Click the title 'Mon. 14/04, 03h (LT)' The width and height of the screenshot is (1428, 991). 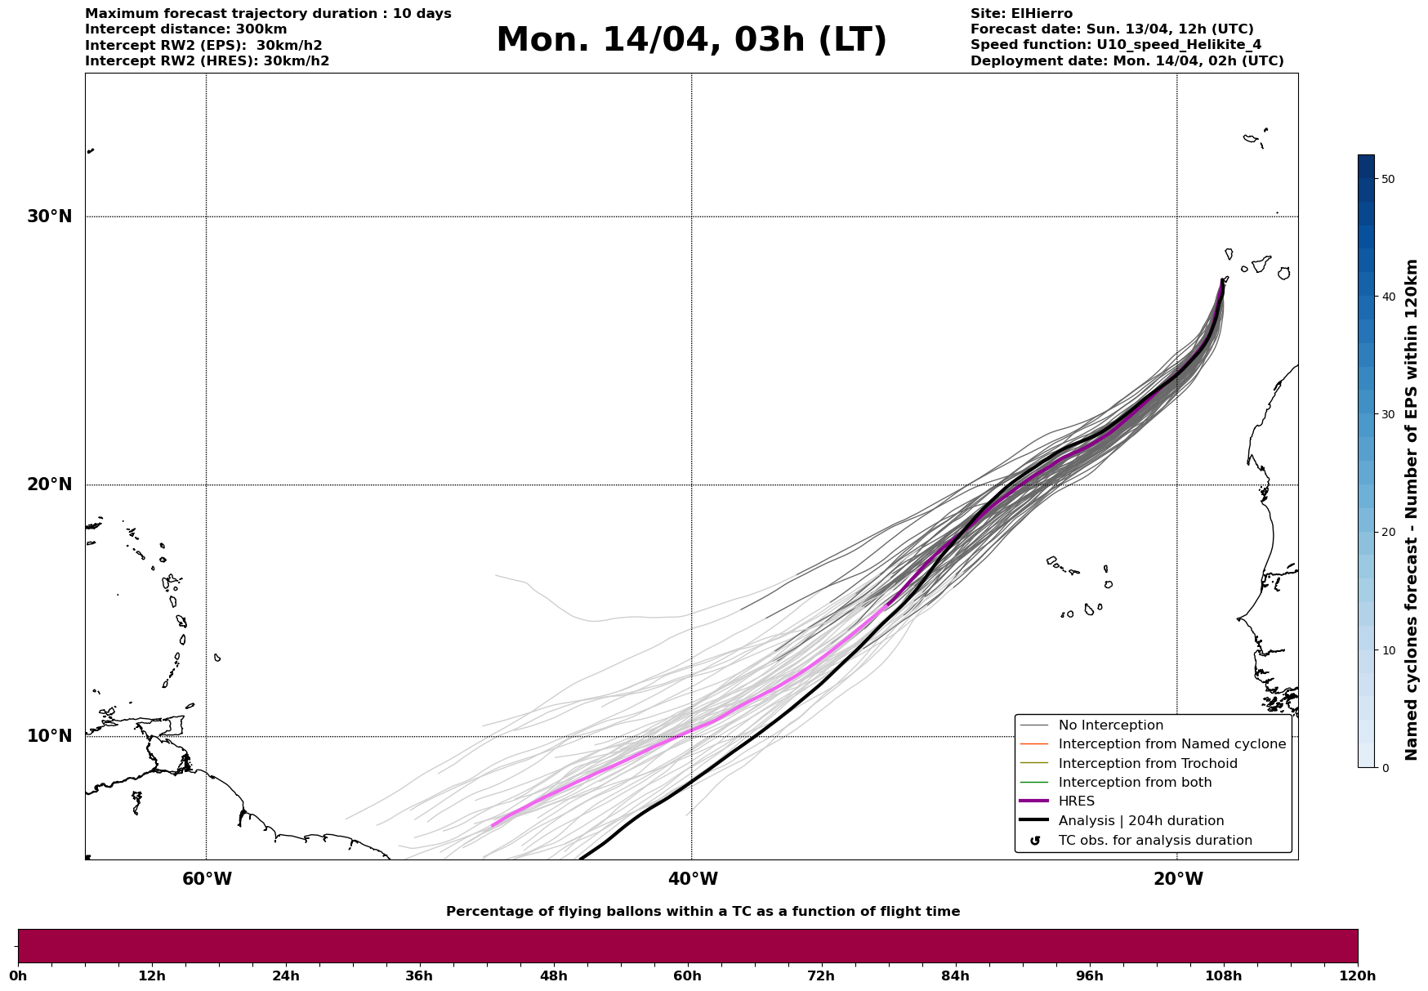[691, 40]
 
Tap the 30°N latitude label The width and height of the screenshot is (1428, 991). [49, 217]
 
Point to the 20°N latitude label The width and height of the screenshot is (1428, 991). [49, 484]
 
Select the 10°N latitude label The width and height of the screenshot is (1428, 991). [49, 736]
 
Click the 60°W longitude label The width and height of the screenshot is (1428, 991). [207, 879]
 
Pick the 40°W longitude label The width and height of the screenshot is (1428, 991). [693, 879]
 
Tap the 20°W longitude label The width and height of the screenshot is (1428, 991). [1178, 879]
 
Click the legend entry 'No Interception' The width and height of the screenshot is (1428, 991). [1110, 725]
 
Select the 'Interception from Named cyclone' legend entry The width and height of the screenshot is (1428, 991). [1171, 744]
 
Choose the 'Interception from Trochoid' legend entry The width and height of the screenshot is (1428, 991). [1147, 764]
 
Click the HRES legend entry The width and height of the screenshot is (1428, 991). [1076, 801]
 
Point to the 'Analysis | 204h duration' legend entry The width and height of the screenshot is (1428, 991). [1140, 821]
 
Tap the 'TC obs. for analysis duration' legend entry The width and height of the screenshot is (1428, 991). [1154, 841]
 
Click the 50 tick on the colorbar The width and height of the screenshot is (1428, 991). [1387, 179]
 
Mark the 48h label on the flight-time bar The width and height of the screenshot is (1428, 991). [553, 975]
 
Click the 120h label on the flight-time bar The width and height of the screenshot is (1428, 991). [1357, 975]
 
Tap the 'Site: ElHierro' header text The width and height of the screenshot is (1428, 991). [1021, 14]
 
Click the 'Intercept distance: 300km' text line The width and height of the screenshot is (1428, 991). [186, 29]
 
